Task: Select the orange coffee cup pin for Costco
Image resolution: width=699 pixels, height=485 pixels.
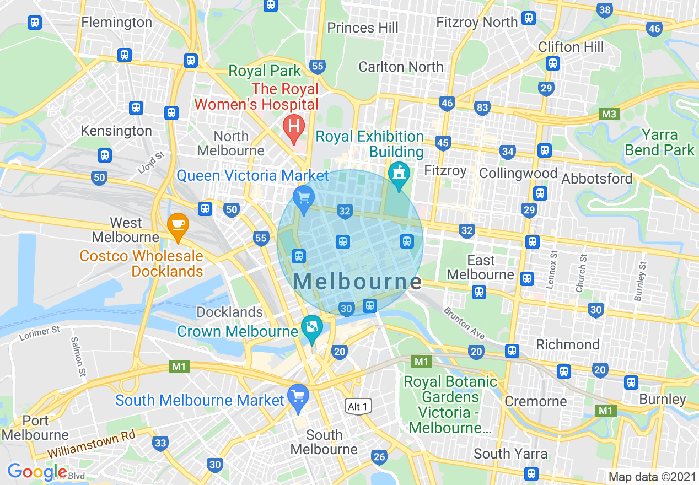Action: [178, 225]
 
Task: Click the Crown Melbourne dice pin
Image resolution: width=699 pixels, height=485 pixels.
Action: [312, 327]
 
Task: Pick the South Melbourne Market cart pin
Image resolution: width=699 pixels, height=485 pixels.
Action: [298, 396]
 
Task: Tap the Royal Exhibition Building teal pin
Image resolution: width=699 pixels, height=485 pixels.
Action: [398, 174]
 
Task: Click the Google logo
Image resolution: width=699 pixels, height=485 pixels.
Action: [37, 472]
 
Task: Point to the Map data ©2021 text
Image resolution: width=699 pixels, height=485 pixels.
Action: [652, 477]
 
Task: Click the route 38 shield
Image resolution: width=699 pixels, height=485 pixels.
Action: [605, 10]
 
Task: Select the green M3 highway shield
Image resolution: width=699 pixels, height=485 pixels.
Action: [610, 114]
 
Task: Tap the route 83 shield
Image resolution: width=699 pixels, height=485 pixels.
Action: [482, 107]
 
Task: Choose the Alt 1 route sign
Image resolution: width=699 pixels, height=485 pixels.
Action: [358, 407]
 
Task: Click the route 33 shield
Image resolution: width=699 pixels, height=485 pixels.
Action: [160, 443]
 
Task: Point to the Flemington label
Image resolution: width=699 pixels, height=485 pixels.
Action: [116, 22]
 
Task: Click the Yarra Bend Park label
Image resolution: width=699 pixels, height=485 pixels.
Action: [659, 142]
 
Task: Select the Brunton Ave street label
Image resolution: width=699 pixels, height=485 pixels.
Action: [464, 322]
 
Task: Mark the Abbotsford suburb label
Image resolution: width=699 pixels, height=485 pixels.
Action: [597, 179]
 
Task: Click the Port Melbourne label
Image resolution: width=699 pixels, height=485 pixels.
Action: [35, 428]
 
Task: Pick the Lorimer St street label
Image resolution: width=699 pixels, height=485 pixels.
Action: [39, 333]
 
